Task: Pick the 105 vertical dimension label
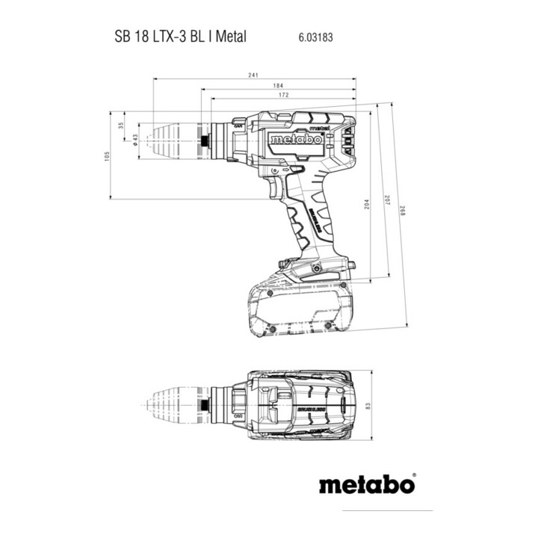(x=107, y=156)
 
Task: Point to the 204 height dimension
(x=367, y=206)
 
